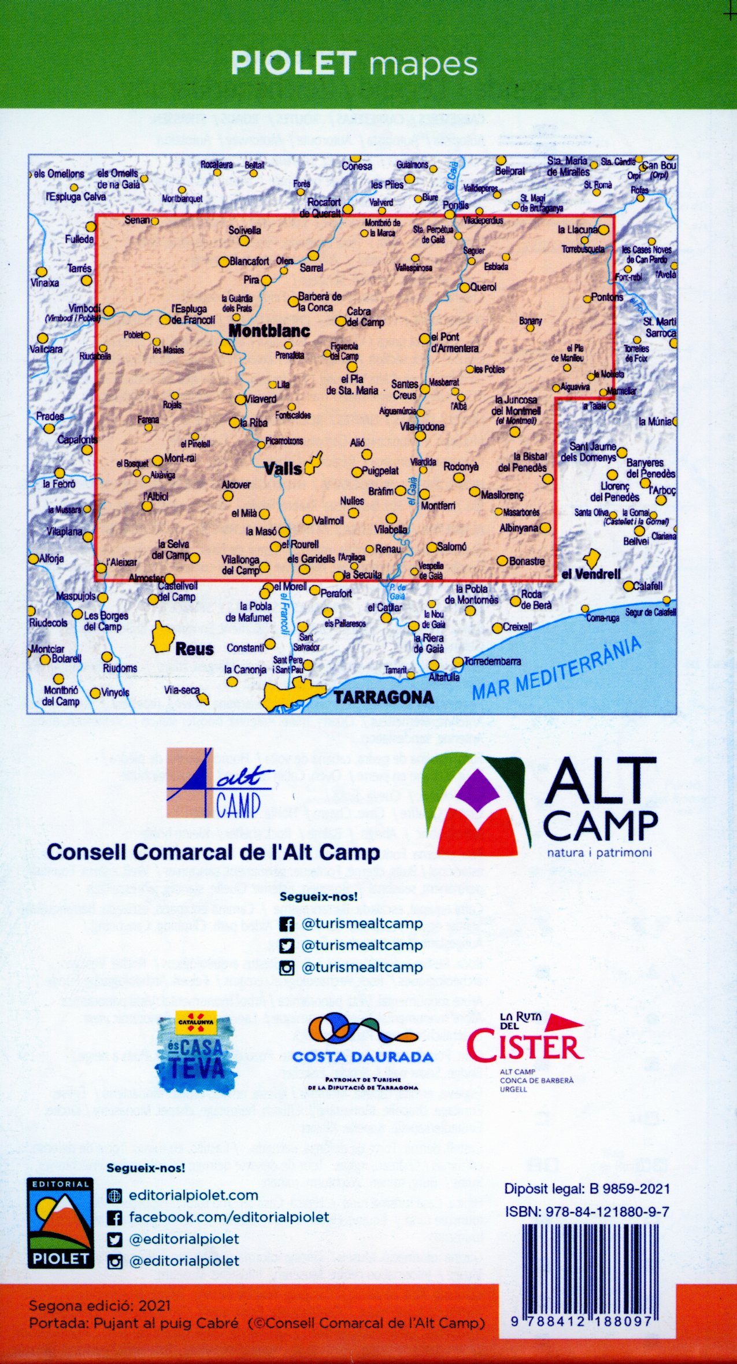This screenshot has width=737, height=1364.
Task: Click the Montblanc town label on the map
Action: click(269, 331)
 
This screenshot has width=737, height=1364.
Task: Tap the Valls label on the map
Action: click(283, 468)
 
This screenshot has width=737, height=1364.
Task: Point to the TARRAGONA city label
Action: click(384, 697)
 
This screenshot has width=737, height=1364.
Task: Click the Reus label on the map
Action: click(194, 649)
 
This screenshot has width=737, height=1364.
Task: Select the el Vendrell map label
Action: click(591, 574)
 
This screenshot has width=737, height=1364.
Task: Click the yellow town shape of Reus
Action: click(163, 637)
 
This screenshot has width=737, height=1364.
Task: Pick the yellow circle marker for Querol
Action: click(464, 288)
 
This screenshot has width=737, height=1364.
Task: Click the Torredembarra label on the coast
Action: click(492, 661)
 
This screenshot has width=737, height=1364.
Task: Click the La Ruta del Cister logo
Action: click(525, 1050)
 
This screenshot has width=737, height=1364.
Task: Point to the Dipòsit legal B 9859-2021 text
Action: click(587, 1189)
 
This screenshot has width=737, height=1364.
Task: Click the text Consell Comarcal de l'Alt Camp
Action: click(213, 852)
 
